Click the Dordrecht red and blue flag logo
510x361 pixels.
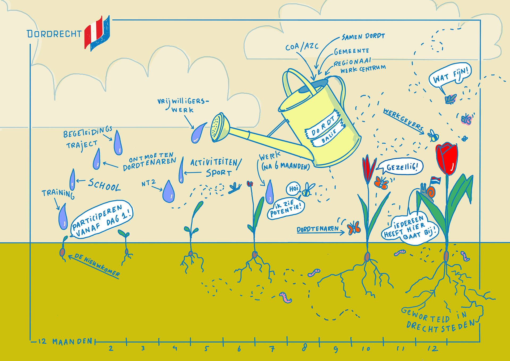97,33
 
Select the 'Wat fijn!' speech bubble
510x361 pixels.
450,76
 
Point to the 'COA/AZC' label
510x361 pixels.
302,47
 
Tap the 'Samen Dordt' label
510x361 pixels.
363,36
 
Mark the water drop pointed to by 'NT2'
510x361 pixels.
168,192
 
